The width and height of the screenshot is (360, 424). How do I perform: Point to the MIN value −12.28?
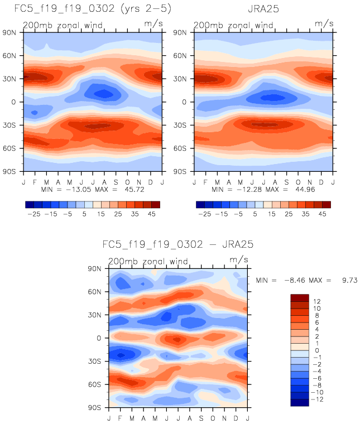point(248,189)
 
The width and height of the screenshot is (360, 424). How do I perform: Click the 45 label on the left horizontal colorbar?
point(150,213)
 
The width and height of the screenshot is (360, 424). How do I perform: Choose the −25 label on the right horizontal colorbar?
point(205,213)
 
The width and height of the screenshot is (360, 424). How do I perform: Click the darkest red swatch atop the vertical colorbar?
point(300,297)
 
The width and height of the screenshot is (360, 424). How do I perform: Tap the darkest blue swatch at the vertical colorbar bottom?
point(300,402)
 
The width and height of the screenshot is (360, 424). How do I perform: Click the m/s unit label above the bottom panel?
point(237,259)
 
